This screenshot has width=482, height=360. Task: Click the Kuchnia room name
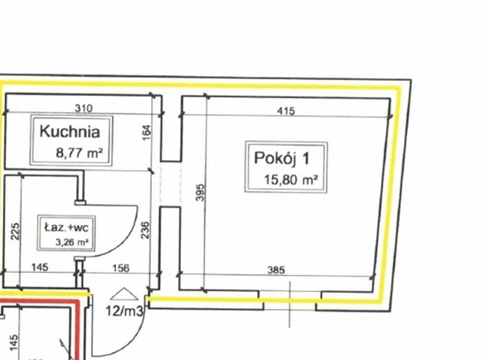70,132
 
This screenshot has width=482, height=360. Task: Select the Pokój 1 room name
282,158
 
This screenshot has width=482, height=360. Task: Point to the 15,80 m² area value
291,180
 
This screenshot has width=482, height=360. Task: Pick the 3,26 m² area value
72,242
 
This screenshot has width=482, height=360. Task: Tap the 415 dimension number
286,111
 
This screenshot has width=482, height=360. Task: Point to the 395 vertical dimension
200,193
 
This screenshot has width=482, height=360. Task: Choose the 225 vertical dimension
15,232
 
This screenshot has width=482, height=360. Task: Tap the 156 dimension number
121,268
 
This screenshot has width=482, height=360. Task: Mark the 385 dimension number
276,270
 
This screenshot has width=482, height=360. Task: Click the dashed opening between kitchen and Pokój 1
171,183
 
